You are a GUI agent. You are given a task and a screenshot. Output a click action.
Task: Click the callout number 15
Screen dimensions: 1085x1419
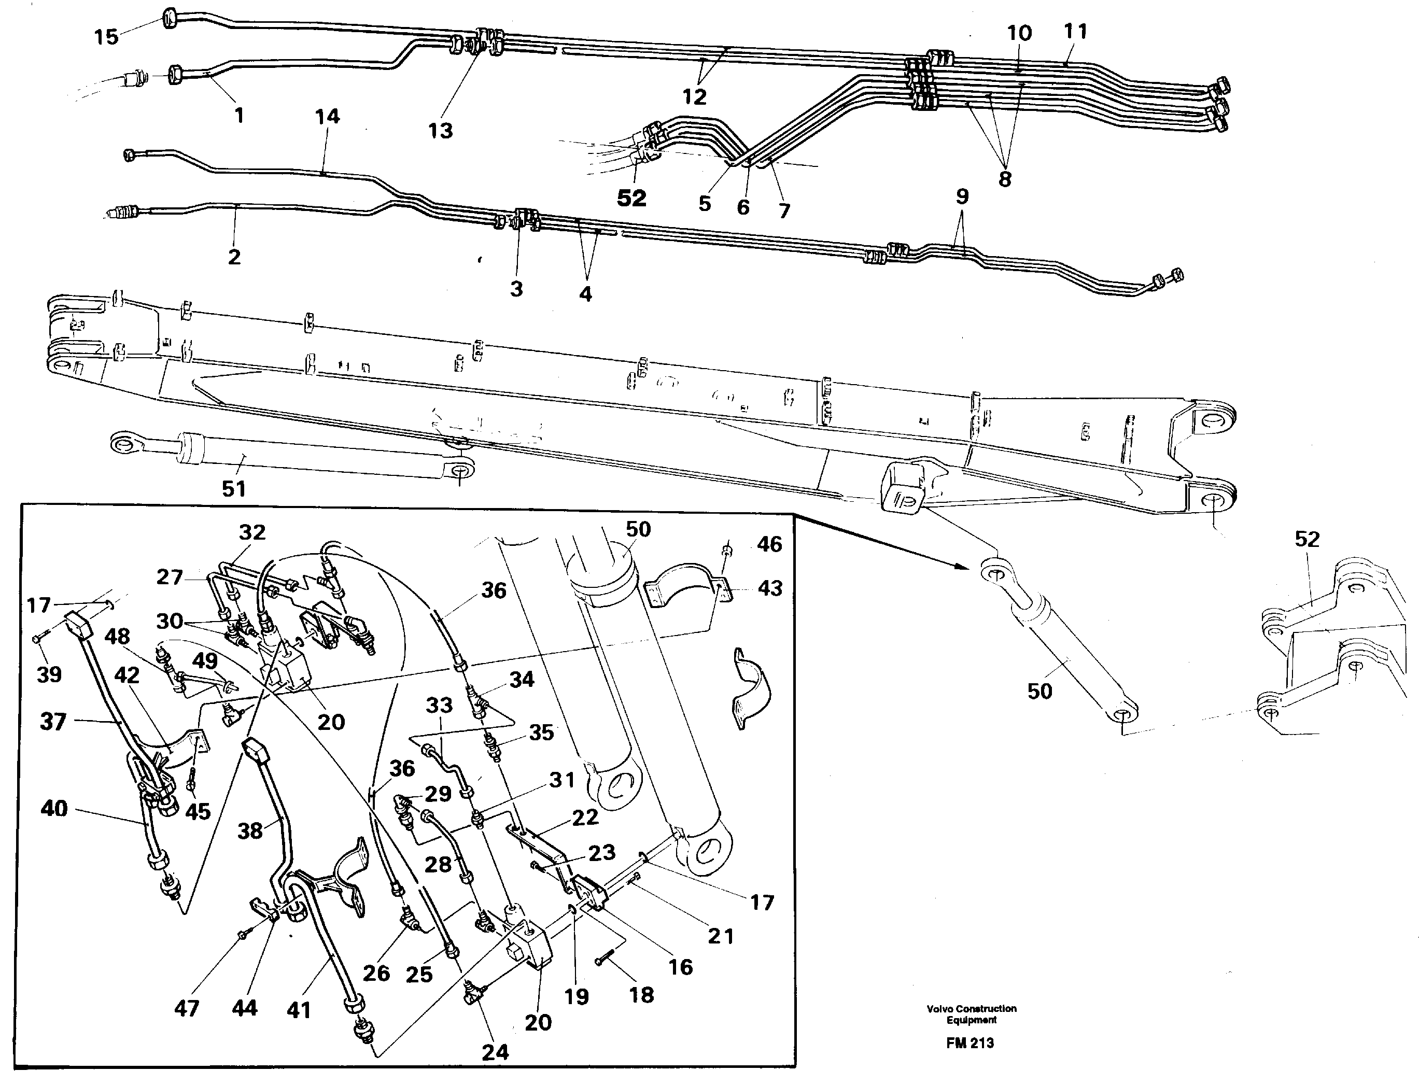pyautogui.click(x=107, y=37)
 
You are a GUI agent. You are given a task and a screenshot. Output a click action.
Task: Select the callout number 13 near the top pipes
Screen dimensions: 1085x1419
pyautogui.click(x=441, y=131)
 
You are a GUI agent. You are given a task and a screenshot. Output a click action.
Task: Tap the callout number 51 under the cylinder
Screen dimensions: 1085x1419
pyautogui.click(x=234, y=488)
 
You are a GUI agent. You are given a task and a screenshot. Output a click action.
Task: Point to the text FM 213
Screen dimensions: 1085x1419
pyautogui.click(x=970, y=1042)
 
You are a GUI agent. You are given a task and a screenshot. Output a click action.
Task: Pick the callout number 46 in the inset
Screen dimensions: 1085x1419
pyautogui.click(x=769, y=544)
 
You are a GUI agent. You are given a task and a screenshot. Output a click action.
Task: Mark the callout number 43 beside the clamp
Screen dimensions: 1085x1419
pyautogui.click(x=769, y=588)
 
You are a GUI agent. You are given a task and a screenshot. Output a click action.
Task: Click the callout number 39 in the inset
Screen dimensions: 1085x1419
pyautogui.click(x=49, y=674)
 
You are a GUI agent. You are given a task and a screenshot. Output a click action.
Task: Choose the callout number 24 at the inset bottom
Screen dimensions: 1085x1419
pyautogui.click(x=495, y=1052)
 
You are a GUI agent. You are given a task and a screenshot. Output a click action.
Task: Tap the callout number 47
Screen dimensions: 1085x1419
pyautogui.click(x=187, y=1008)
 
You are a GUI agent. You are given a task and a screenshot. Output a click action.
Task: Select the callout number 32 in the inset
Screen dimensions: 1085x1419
pyautogui.click(x=252, y=532)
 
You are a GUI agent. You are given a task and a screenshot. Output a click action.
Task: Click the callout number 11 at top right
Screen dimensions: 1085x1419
pyautogui.click(x=1075, y=31)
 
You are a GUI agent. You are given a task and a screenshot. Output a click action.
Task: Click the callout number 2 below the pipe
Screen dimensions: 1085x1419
pyautogui.click(x=234, y=257)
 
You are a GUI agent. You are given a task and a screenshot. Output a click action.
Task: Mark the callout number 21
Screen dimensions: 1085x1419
pyautogui.click(x=720, y=935)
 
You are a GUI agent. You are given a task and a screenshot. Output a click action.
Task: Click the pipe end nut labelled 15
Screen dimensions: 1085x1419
pyautogui.click(x=168, y=18)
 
